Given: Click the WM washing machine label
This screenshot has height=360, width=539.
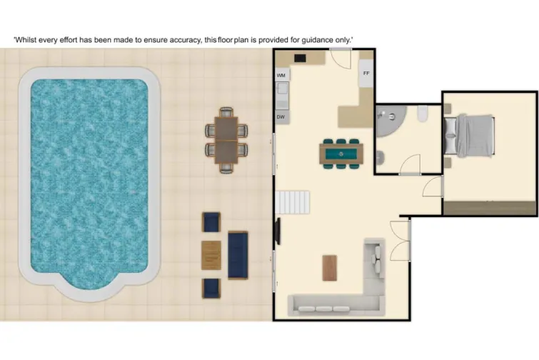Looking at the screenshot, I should [281, 74].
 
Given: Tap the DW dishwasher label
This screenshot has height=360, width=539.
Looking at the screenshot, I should [281, 116].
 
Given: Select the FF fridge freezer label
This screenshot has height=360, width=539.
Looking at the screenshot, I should [366, 74].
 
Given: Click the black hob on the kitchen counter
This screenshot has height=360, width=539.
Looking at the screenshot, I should [301, 58].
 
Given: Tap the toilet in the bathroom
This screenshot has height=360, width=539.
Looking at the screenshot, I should [423, 114].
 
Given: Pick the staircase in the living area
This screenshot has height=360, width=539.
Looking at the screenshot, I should [294, 202].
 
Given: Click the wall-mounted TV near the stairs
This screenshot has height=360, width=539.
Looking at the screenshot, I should [278, 231].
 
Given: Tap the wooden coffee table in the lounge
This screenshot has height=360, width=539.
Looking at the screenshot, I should [330, 268].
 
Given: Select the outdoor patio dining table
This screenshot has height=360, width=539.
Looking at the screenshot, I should [227, 139].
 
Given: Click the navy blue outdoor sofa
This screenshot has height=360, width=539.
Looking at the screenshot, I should [237, 255].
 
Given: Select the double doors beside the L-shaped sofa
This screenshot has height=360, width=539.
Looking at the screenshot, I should [400, 240].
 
